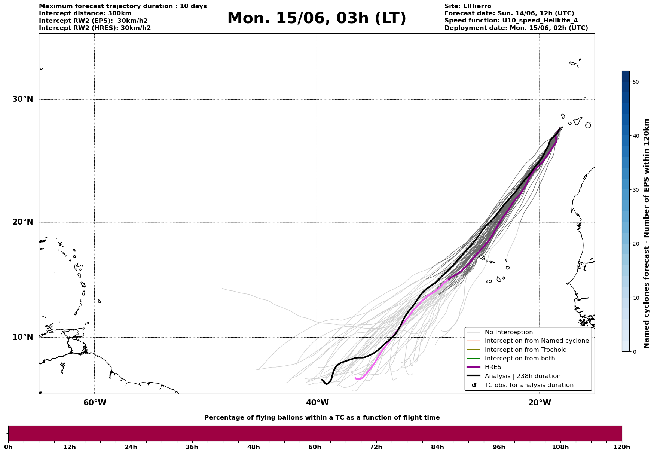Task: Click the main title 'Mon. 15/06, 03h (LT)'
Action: coord(317,18)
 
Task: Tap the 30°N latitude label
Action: coord(23,99)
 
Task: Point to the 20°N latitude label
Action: coord(23,222)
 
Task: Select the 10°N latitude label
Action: coord(23,337)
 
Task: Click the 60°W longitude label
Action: coord(95,403)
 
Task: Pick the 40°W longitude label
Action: coord(317,403)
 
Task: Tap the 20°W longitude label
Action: coord(540,403)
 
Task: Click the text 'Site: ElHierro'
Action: coord(468,6)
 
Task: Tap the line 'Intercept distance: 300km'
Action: coord(85,13)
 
